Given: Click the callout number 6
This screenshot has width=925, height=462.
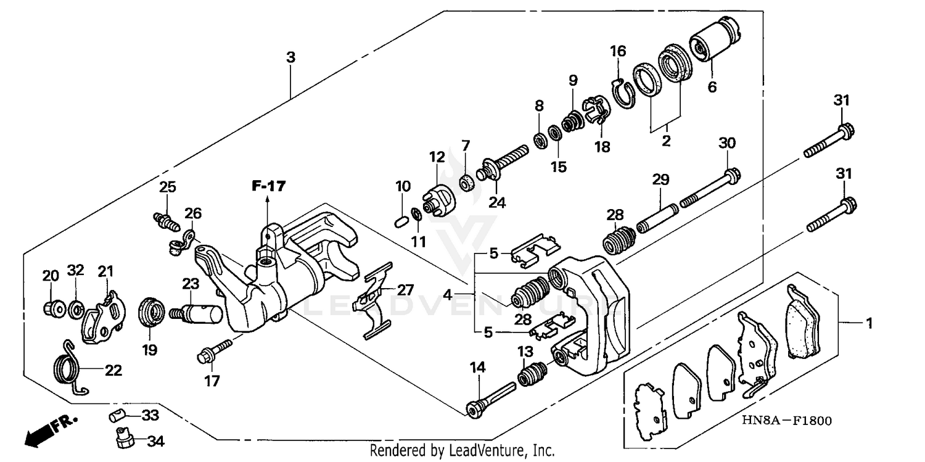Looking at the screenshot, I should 712,87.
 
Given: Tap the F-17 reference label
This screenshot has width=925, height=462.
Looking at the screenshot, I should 269,186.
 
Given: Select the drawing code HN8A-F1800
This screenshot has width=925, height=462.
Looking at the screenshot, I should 786,421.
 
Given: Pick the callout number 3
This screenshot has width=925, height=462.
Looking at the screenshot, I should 290,57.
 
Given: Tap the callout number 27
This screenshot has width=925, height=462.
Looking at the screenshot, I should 405,290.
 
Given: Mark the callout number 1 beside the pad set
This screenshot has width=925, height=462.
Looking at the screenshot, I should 868,323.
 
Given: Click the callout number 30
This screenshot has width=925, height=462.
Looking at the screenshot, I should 727,143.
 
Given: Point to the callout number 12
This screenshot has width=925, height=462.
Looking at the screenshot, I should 437,157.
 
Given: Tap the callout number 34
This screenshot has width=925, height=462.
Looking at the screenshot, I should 155,442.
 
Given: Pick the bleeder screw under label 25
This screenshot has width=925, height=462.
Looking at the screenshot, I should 165,219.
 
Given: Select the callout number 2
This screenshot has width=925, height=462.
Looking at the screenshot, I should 665,141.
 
